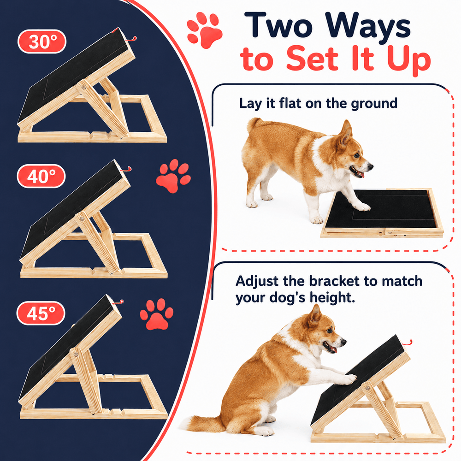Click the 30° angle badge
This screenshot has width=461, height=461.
click(42, 41)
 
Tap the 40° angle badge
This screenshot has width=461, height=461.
click(41, 176)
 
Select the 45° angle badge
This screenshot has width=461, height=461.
click(41, 313)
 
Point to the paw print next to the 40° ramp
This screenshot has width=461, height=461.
click(173, 176)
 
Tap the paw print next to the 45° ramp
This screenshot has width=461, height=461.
click(157, 314)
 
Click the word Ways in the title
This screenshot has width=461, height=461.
click(368, 26)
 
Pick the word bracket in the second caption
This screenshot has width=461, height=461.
click(334, 281)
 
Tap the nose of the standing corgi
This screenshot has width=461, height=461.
click(371, 167)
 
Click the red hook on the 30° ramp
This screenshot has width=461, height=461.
click(131, 39)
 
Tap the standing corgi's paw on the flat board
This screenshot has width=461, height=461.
click(362, 207)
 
